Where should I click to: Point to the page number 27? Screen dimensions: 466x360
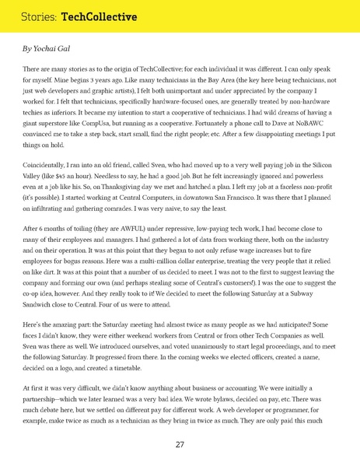(180, 445)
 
